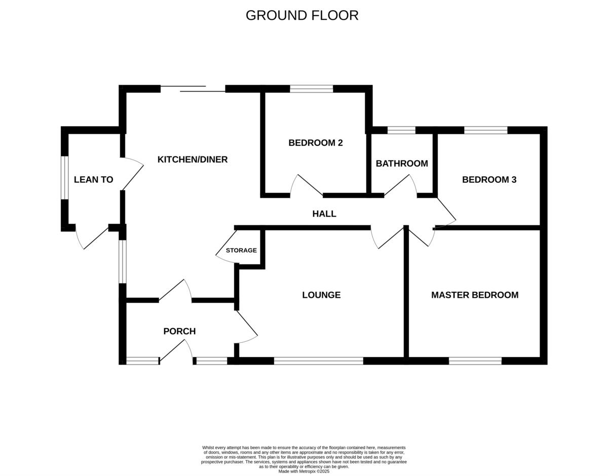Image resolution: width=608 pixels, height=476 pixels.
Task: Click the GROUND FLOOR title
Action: click(302, 15)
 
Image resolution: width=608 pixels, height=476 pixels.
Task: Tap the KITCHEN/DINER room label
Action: click(193, 160)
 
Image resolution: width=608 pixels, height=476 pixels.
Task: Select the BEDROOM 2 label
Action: click(315, 143)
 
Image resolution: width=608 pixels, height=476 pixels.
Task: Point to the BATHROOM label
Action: click(402, 164)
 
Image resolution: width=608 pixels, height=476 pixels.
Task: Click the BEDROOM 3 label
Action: click(489, 179)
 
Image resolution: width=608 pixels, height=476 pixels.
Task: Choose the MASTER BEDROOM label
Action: click(475, 295)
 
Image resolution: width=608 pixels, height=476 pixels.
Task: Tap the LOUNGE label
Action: click(321, 295)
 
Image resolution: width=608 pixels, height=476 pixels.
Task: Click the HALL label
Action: click(324, 214)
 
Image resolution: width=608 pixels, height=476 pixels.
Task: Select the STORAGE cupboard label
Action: click(241, 250)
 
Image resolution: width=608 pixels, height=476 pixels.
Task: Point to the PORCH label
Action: click(179, 331)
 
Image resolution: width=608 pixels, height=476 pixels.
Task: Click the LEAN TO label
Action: click(93, 179)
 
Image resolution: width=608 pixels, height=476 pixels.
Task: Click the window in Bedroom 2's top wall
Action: click(312, 89)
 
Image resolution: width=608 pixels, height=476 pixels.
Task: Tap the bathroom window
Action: click(401, 130)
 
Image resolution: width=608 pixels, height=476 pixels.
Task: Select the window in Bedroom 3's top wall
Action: click(485, 130)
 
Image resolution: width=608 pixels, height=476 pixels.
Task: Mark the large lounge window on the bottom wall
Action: click(318, 361)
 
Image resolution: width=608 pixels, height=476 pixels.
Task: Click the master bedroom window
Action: click(475, 361)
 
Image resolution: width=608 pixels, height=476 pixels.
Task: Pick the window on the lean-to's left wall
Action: click(64, 177)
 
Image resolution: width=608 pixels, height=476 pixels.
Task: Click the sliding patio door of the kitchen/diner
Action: click(193, 89)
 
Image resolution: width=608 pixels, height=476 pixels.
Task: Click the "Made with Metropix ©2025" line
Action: click(304, 471)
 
